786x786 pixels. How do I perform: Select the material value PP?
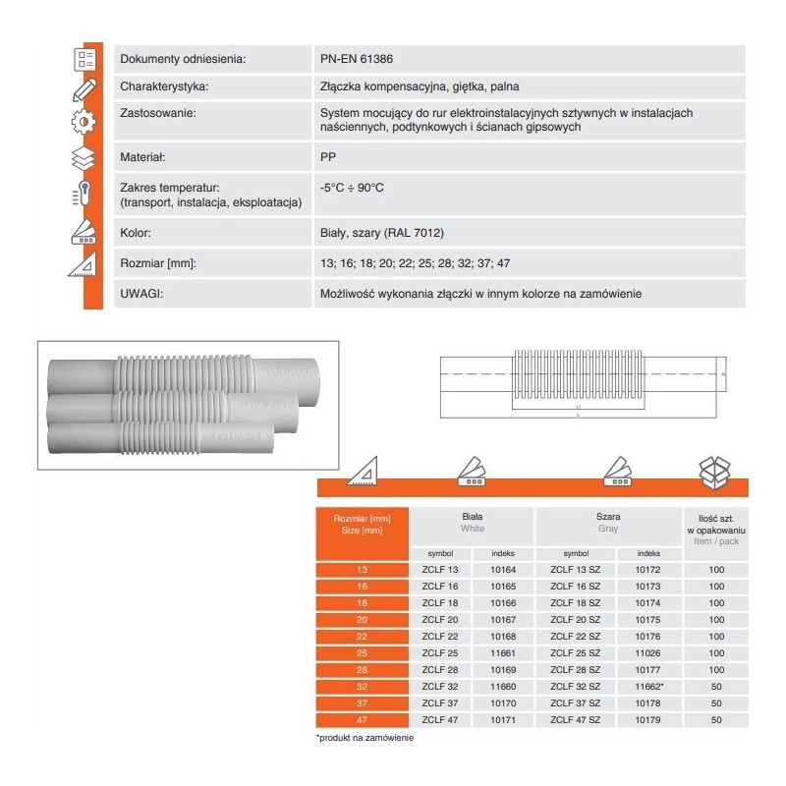tap(327, 156)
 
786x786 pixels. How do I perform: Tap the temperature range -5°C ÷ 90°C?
tap(351, 187)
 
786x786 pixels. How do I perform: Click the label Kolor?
tap(133, 235)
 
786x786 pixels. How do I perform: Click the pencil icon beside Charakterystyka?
tap(84, 89)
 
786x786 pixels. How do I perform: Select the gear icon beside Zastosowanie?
tap(84, 122)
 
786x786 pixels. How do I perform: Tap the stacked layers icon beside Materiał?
tap(84, 158)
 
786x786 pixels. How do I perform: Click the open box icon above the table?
tap(715, 474)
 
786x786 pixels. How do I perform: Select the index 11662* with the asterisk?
tap(650, 687)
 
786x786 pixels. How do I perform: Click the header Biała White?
tap(472, 522)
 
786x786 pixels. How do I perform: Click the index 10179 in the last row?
tap(648, 720)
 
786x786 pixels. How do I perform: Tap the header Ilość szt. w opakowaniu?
tap(715, 528)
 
